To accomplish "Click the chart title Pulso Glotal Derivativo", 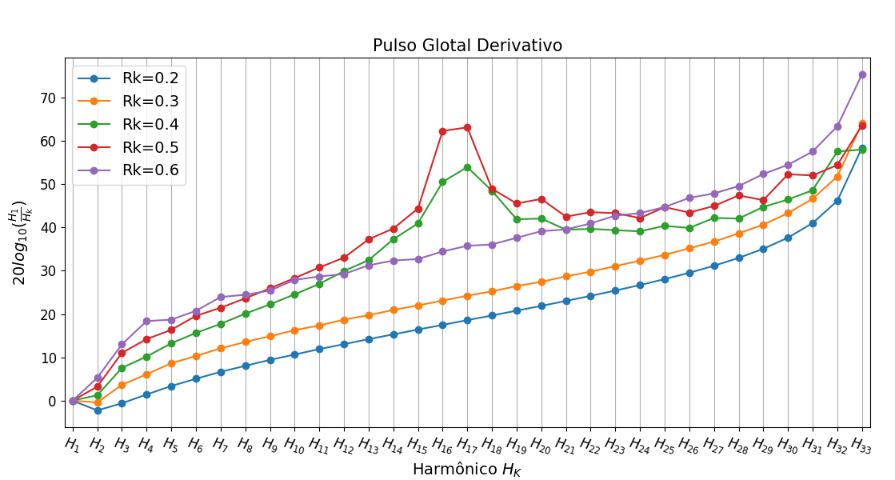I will tap(467, 46).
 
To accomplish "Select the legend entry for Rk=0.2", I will tap(150, 78).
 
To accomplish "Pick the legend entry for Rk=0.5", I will tap(150, 147).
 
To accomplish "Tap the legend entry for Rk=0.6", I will tap(150, 170).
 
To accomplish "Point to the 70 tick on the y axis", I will tap(49, 98).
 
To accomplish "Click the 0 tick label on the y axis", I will tap(53, 401).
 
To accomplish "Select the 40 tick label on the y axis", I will tap(49, 227).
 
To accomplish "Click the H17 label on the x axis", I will tap(467, 442).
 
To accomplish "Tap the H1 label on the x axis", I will tap(72, 442).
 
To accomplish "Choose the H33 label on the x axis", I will tap(861, 442).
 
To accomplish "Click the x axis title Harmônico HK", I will tap(467, 469).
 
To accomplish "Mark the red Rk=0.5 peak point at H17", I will tap(467, 127).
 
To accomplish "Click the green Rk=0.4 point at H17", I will tap(467, 167).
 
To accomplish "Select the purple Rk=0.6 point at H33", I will tap(862, 74).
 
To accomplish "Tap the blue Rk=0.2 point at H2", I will tap(98, 410).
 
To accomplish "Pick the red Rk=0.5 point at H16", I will tap(442, 131).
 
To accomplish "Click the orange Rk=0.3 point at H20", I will tap(541, 282).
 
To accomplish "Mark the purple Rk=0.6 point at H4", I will tap(146, 321).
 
